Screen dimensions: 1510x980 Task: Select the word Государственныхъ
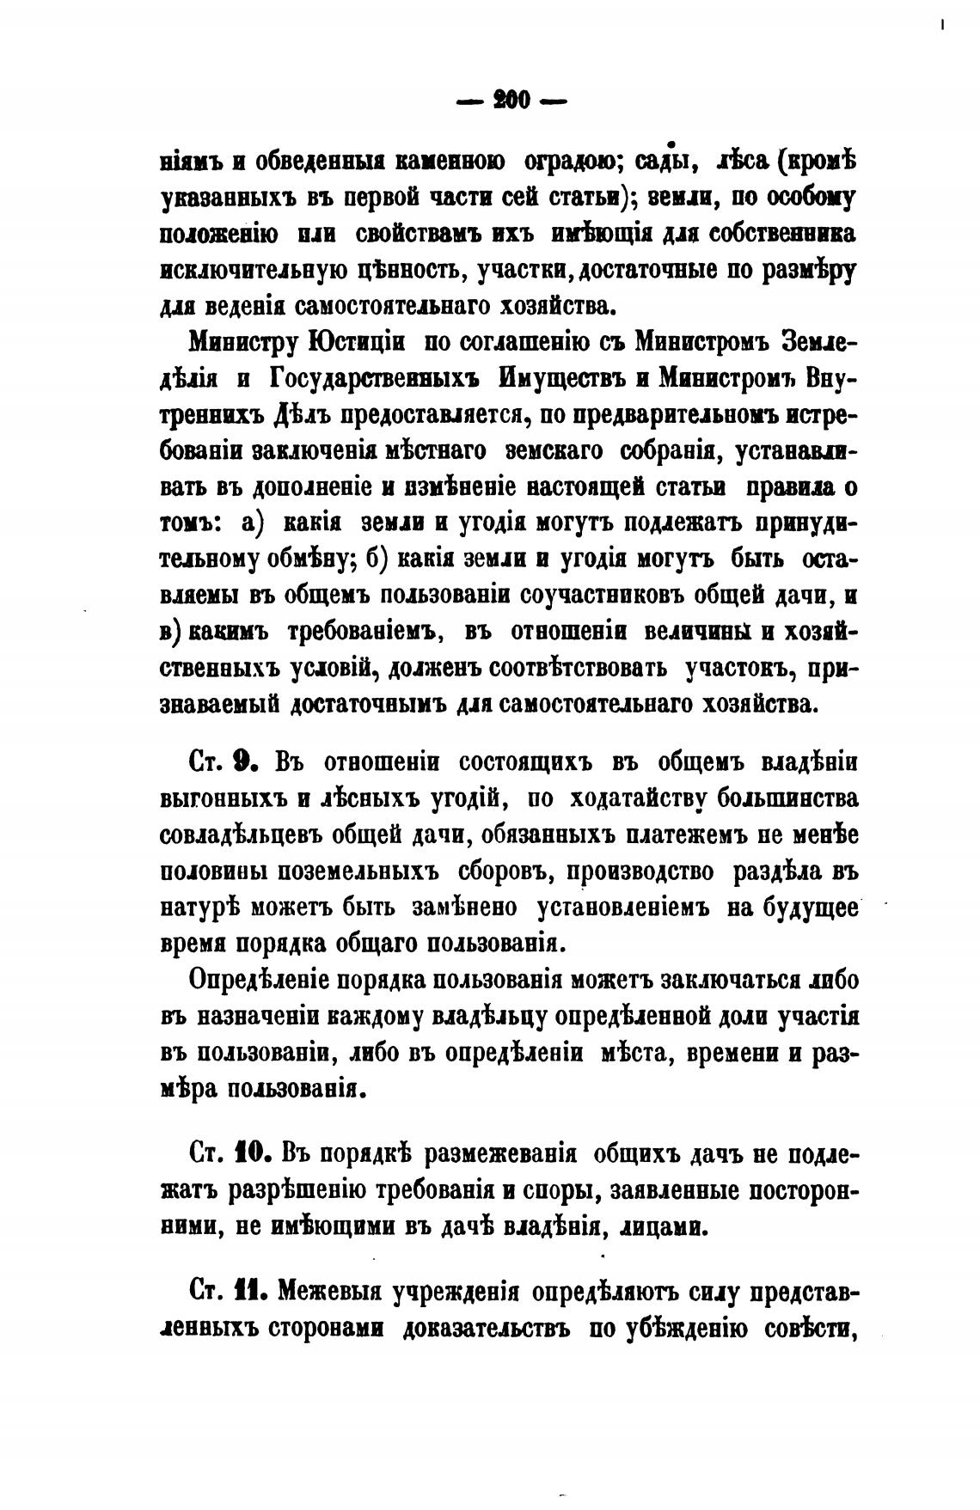coord(371,381)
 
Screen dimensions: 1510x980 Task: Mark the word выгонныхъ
coord(224,798)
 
